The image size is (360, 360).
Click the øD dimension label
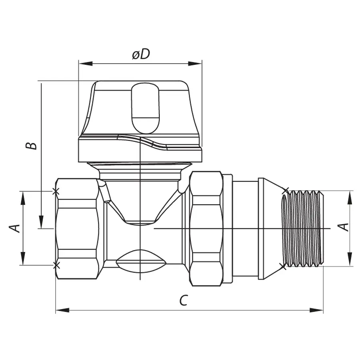[141, 54]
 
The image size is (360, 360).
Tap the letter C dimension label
[183, 300]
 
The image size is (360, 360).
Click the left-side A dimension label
[15, 228]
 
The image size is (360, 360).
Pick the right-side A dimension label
[344, 227]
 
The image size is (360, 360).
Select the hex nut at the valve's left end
[77, 228]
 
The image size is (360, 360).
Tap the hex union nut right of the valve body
[206, 228]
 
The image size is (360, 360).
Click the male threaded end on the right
[304, 228]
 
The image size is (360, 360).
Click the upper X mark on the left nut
[56, 192]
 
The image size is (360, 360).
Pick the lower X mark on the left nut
[56, 265]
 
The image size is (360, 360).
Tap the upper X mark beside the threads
[285, 191]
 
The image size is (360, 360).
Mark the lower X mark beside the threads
[284, 266]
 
